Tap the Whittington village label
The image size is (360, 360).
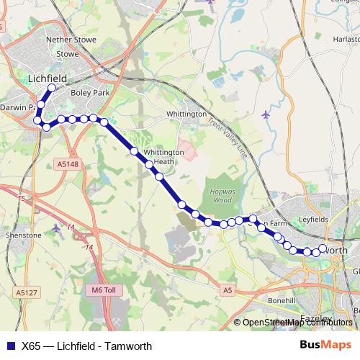tap(186, 114)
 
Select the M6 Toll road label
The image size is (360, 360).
tap(104, 289)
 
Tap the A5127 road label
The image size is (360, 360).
tap(25, 292)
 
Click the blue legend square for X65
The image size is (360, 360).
tap(9, 346)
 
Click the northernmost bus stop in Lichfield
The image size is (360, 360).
tap(52, 89)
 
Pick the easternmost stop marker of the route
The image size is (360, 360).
tap(323, 248)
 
